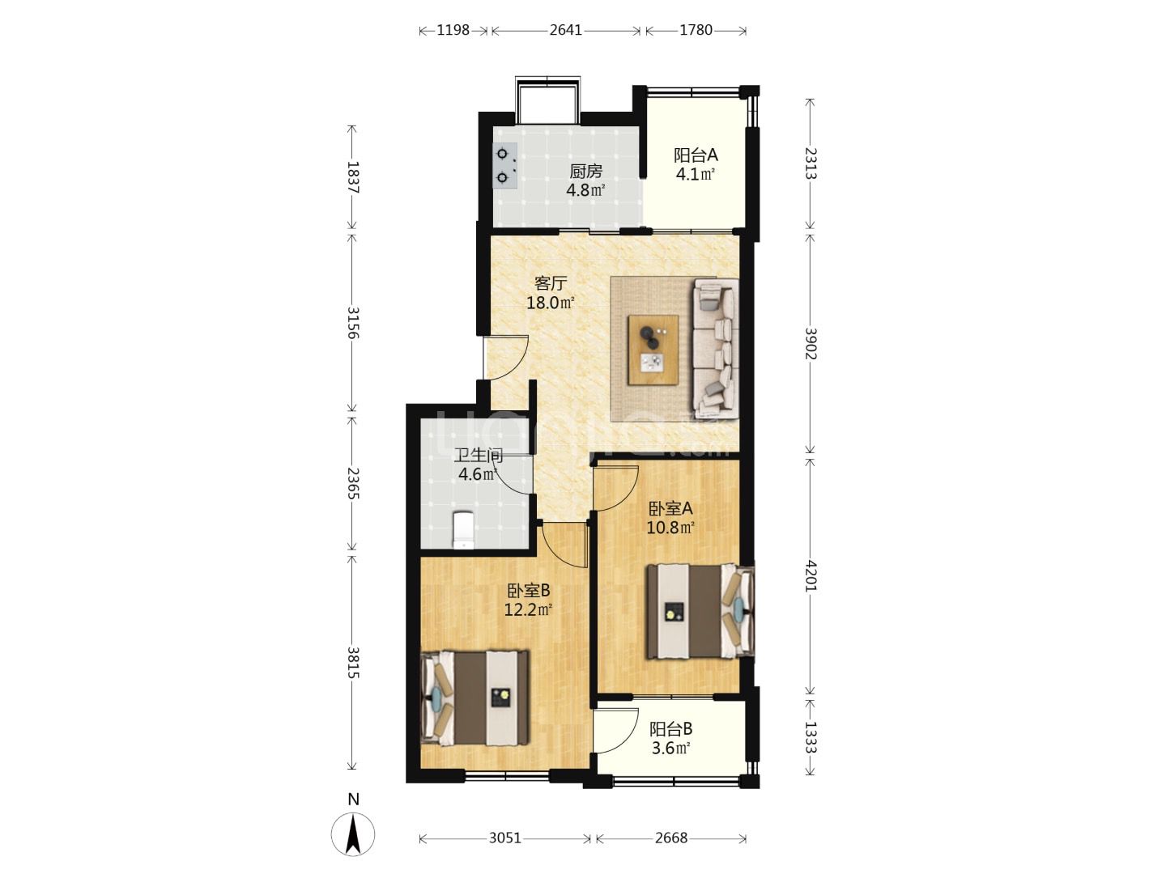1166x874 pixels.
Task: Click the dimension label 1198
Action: (x=453, y=30)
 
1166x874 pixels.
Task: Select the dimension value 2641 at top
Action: (x=566, y=30)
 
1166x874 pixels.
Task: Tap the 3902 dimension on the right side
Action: (x=810, y=343)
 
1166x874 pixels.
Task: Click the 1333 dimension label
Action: (x=810, y=736)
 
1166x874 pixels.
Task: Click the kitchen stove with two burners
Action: (x=134, y=166)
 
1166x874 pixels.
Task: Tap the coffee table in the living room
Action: (x=653, y=349)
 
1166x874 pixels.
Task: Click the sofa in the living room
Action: (x=715, y=349)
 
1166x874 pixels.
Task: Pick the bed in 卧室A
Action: (x=700, y=612)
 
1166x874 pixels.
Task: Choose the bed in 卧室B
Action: (x=474, y=698)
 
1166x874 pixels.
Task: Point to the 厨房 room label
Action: (x=586, y=172)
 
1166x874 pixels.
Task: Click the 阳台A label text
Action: (x=696, y=155)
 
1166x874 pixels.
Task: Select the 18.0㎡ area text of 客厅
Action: (x=551, y=303)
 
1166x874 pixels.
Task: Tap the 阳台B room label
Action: (x=671, y=728)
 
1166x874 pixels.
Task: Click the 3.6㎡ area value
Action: (x=671, y=749)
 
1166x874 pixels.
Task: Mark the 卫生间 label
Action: (x=478, y=455)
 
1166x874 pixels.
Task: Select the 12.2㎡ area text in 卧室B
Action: (x=529, y=609)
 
